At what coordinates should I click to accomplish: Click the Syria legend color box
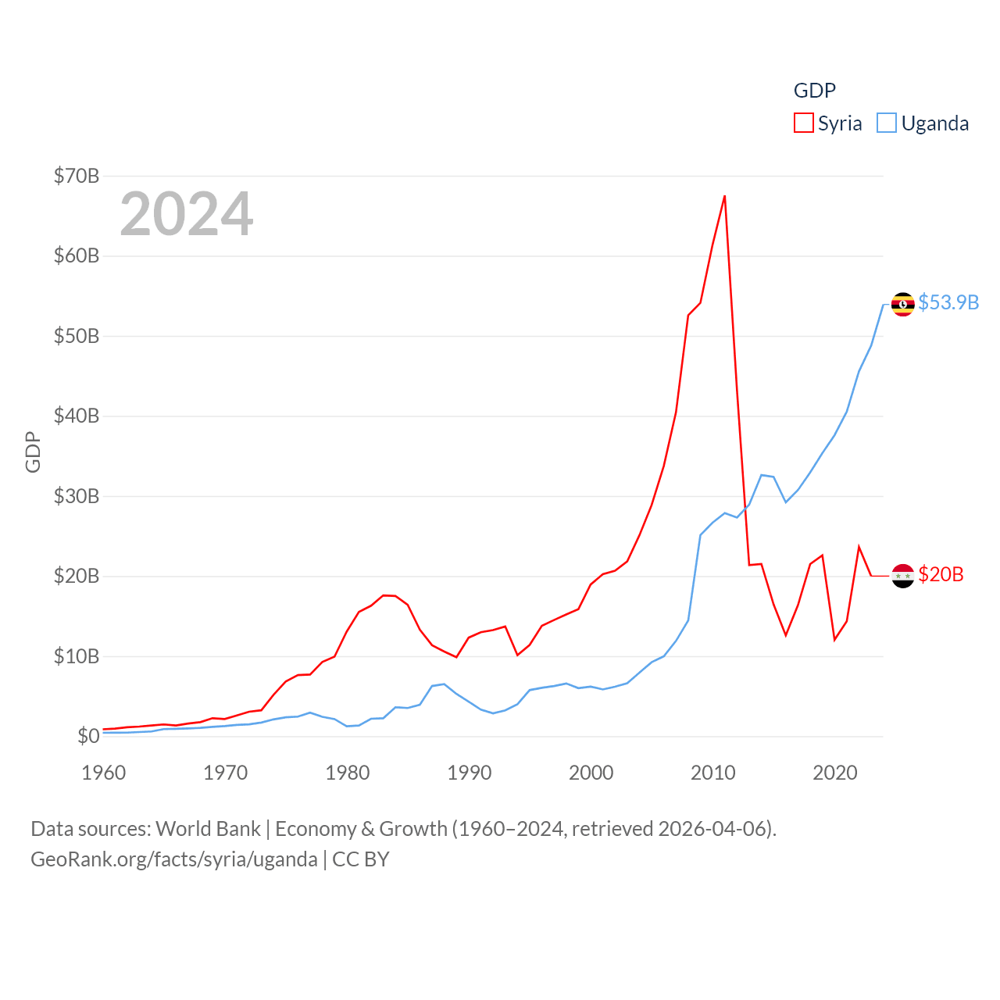804,123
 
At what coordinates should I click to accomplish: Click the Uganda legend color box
887,123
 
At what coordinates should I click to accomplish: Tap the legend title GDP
815,91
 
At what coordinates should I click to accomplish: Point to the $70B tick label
77,176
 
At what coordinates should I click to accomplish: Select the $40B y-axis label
77,416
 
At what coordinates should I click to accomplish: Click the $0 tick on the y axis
88,736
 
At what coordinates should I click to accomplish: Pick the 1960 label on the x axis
104,773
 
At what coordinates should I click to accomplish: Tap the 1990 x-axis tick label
470,773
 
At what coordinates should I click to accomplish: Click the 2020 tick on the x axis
835,773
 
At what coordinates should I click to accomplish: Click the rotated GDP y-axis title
33,452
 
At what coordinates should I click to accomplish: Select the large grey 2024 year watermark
187,213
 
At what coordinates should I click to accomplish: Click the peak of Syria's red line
725,196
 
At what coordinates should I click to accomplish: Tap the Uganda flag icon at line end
903,304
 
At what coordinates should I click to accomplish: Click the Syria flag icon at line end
903,576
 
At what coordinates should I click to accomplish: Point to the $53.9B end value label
948,302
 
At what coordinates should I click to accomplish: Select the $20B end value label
941,574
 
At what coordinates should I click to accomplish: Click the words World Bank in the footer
208,828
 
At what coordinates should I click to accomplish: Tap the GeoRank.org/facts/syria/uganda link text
174,859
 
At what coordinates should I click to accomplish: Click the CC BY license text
361,859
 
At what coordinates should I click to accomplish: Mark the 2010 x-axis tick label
713,773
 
